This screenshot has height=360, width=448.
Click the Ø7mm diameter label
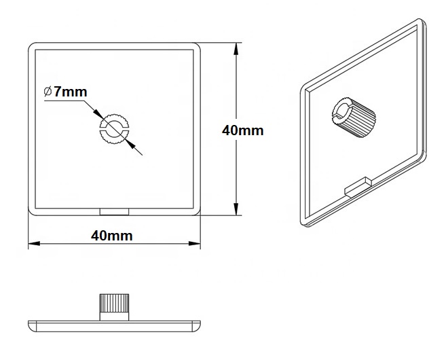(65, 92)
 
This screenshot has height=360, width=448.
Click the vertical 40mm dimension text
(243, 130)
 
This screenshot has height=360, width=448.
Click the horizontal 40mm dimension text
(112, 236)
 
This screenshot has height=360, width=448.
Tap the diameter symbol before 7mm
(48, 92)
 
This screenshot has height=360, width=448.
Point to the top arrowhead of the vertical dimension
(236, 49)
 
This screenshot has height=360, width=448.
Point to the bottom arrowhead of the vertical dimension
(236, 209)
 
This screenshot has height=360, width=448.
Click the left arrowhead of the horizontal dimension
(34, 243)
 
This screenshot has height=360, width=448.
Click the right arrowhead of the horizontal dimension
(195, 243)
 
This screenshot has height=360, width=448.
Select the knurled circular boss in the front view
(114, 130)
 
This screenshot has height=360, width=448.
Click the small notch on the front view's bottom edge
(114, 212)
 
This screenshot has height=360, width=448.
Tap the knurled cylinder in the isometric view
(354, 118)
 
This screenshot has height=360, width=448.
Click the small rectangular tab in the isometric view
(358, 186)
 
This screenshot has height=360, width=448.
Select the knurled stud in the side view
(114, 307)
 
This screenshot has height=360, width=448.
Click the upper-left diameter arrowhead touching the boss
(98, 114)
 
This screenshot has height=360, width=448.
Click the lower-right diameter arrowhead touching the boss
(130, 144)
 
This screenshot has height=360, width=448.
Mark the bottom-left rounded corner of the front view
(31, 212)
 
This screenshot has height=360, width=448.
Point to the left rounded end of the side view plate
(31, 326)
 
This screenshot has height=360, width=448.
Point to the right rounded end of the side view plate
(198, 326)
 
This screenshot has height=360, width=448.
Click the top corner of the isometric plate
(421, 20)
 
